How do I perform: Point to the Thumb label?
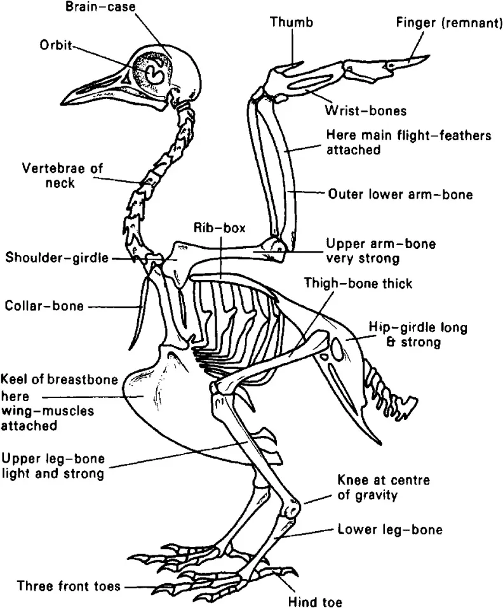pos(292,23)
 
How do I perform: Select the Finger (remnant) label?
pos(444,23)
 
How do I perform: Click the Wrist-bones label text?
pos(365,110)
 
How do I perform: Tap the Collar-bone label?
pos(44,305)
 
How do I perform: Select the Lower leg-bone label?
pos(390,529)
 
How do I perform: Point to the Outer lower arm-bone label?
pos(400,194)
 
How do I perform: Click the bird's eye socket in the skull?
pos(153,74)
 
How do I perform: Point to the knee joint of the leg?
pos(292,508)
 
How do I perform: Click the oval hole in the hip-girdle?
pos(339,348)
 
